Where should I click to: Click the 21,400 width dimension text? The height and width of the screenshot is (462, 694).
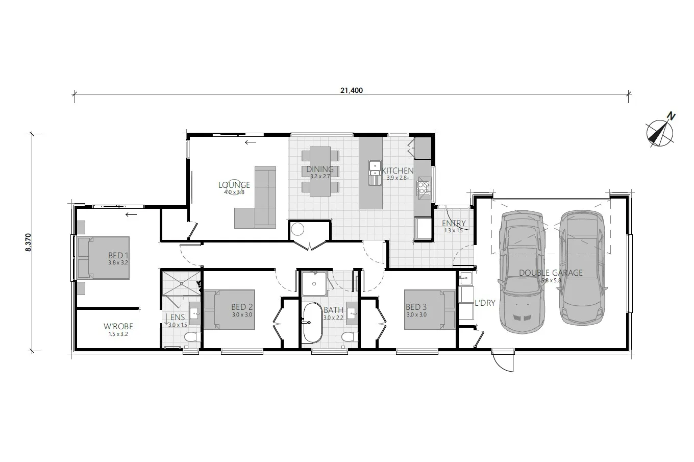[x=351, y=90]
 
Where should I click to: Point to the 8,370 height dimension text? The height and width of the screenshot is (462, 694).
[x=28, y=242]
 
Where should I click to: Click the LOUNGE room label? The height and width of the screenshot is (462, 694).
[x=234, y=185]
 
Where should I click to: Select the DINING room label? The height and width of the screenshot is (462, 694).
[x=320, y=169]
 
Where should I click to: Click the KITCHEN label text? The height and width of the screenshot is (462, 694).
[x=398, y=171]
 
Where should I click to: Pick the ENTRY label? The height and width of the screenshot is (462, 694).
[x=454, y=223]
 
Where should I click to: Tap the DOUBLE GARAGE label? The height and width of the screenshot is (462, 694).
[x=551, y=273]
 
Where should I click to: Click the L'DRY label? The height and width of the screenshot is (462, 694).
[x=485, y=303]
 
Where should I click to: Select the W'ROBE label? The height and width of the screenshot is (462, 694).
[x=118, y=326]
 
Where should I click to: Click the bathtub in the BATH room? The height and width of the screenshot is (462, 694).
[x=313, y=322]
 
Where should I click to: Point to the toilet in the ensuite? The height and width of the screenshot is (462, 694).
[x=192, y=337]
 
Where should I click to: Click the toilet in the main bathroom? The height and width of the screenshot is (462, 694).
[x=350, y=337]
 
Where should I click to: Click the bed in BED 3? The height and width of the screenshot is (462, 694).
[x=430, y=309]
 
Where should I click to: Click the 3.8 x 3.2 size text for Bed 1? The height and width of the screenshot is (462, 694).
[x=118, y=262]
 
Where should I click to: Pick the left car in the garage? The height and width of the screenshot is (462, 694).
[x=522, y=272]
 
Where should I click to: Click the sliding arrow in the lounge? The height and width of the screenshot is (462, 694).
[x=251, y=142]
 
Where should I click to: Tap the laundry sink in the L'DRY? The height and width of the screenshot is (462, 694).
[x=465, y=278]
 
